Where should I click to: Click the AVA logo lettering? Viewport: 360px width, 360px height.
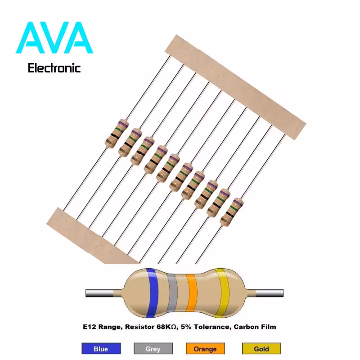[x=54, y=38]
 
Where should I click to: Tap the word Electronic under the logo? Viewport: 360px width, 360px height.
[x=54, y=68]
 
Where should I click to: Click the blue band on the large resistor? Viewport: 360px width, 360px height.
[x=152, y=293]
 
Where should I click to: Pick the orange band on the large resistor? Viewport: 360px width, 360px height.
[x=192, y=292]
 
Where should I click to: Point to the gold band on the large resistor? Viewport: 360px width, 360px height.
[x=222, y=293]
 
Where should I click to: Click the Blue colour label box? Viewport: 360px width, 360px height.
[x=101, y=348]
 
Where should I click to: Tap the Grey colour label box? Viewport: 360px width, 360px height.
[x=153, y=348]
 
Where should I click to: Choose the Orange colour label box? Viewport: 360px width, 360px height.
[x=205, y=348]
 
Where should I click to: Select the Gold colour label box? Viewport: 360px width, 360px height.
[x=261, y=348]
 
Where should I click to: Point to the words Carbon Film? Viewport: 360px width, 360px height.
[x=255, y=327]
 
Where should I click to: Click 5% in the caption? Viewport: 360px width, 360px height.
[x=186, y=327]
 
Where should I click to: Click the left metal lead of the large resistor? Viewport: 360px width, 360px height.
[x=99, y=293]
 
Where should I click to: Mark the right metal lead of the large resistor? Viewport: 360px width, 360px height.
[x=269, y=293]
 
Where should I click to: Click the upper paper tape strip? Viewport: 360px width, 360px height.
[x=235, y=87]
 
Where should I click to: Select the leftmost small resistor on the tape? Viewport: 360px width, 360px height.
[x=117, y=134]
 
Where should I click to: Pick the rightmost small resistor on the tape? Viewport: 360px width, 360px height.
[x=232, y=212]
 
